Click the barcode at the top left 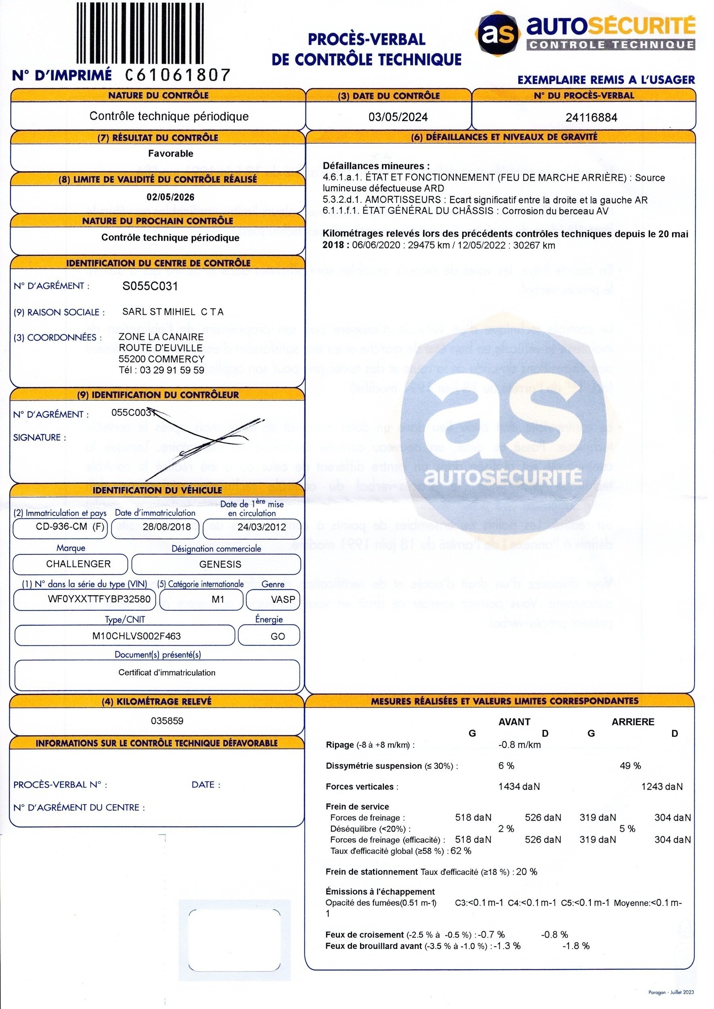pos(140,34)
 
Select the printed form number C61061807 pos(178,75)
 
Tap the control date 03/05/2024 pos(398,117)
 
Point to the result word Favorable pos(171,153)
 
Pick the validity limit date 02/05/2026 pos(171,197)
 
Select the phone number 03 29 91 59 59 pos(172,370)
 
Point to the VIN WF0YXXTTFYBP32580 pos(99,599)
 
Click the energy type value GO pos(278,636)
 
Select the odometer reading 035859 pos(167,720)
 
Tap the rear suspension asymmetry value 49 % pos(630,766)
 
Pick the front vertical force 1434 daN pos(519,787)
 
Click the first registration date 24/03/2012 pos(262,527)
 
